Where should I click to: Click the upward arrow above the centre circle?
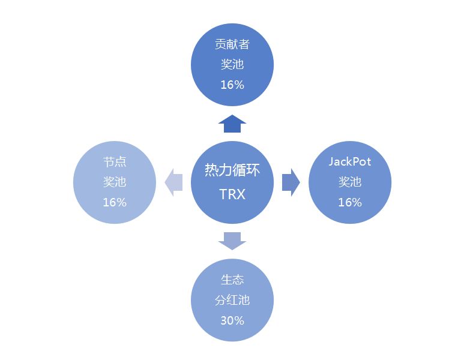tap(232, 124)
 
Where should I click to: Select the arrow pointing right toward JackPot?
tap(291, 182)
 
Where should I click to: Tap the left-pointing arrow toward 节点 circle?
tap(173, 182)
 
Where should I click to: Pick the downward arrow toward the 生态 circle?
tap(232, 241)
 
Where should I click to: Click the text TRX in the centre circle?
tap(232, 194)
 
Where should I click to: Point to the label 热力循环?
tap(232, 170)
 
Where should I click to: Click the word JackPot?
tap(350, 161)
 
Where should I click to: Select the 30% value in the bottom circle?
tap(232, 320)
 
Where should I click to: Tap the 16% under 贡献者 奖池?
tap(232, 85)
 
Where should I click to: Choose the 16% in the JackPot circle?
tap(350, 202)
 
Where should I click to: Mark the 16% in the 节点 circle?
tap(115, 202)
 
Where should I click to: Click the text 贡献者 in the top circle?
tap(232, 44)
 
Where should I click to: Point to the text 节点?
tap(115, 162)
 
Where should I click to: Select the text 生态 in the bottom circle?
tap(232, 280)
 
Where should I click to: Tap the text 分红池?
tap(232, 300)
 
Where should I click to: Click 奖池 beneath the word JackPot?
tap(350, 182)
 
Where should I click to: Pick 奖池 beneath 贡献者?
tap(232, 64)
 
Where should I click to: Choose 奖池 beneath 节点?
tap(115, 182)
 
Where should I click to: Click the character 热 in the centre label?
tap(211, 170)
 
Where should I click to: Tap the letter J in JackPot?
tap(331, 161)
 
